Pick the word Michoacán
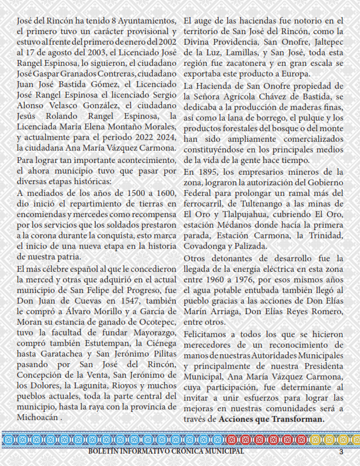(x=39, y=417)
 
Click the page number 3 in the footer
(x=341, y=452)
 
